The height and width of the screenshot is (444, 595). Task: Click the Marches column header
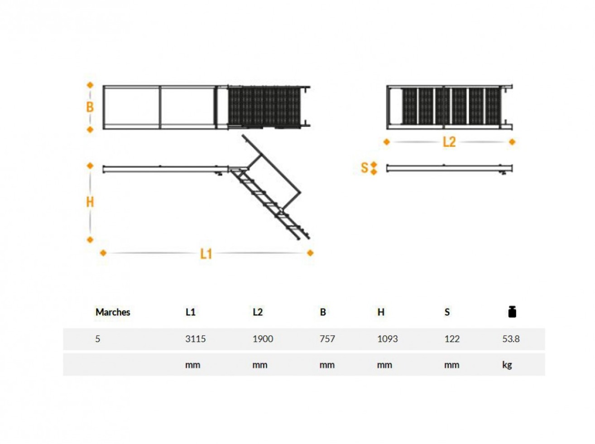click(112, 312)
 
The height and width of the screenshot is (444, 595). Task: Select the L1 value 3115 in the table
click(195, 339)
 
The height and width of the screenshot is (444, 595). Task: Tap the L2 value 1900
click(262, 339)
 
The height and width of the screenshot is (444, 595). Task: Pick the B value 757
click(327, 339)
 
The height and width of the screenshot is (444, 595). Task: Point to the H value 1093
click(387, 339)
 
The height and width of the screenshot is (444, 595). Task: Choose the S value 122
click(451, 339)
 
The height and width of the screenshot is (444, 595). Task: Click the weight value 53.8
click(511, 339)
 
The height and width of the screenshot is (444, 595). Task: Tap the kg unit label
click(507, 365)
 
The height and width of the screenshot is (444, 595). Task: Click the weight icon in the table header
click(512, 312)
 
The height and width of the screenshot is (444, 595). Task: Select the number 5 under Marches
click(98, 339)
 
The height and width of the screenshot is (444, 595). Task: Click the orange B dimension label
click(90, 107)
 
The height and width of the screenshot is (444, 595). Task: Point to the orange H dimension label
click(90, 203)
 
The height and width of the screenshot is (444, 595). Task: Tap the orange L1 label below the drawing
click(206, 254)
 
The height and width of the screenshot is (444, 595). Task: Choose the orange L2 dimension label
click(449, 142)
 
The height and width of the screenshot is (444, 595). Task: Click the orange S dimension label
click(365, 168)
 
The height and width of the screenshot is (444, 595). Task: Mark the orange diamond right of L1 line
click(310, 253)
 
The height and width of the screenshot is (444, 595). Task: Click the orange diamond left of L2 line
click(386, 142)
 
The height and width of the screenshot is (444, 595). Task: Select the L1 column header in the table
click(190, 312)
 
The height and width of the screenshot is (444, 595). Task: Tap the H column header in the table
click(380, 312)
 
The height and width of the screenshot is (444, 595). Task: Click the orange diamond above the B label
click(90, 85)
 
